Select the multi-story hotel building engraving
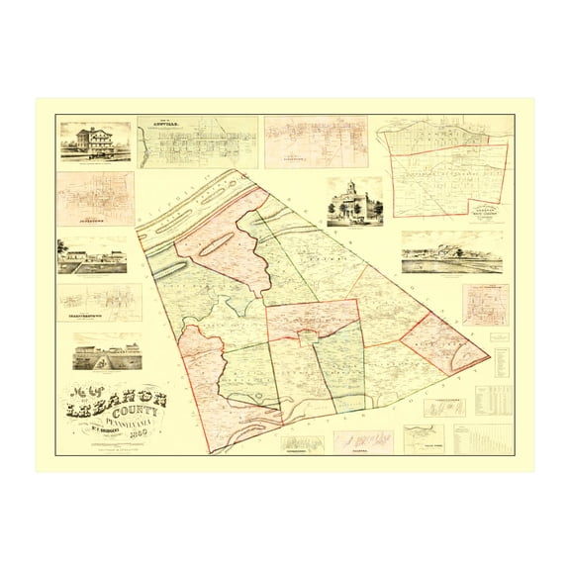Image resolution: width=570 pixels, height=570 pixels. click(94, 141)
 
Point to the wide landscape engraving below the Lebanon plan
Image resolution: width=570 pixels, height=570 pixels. click(451, 252)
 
